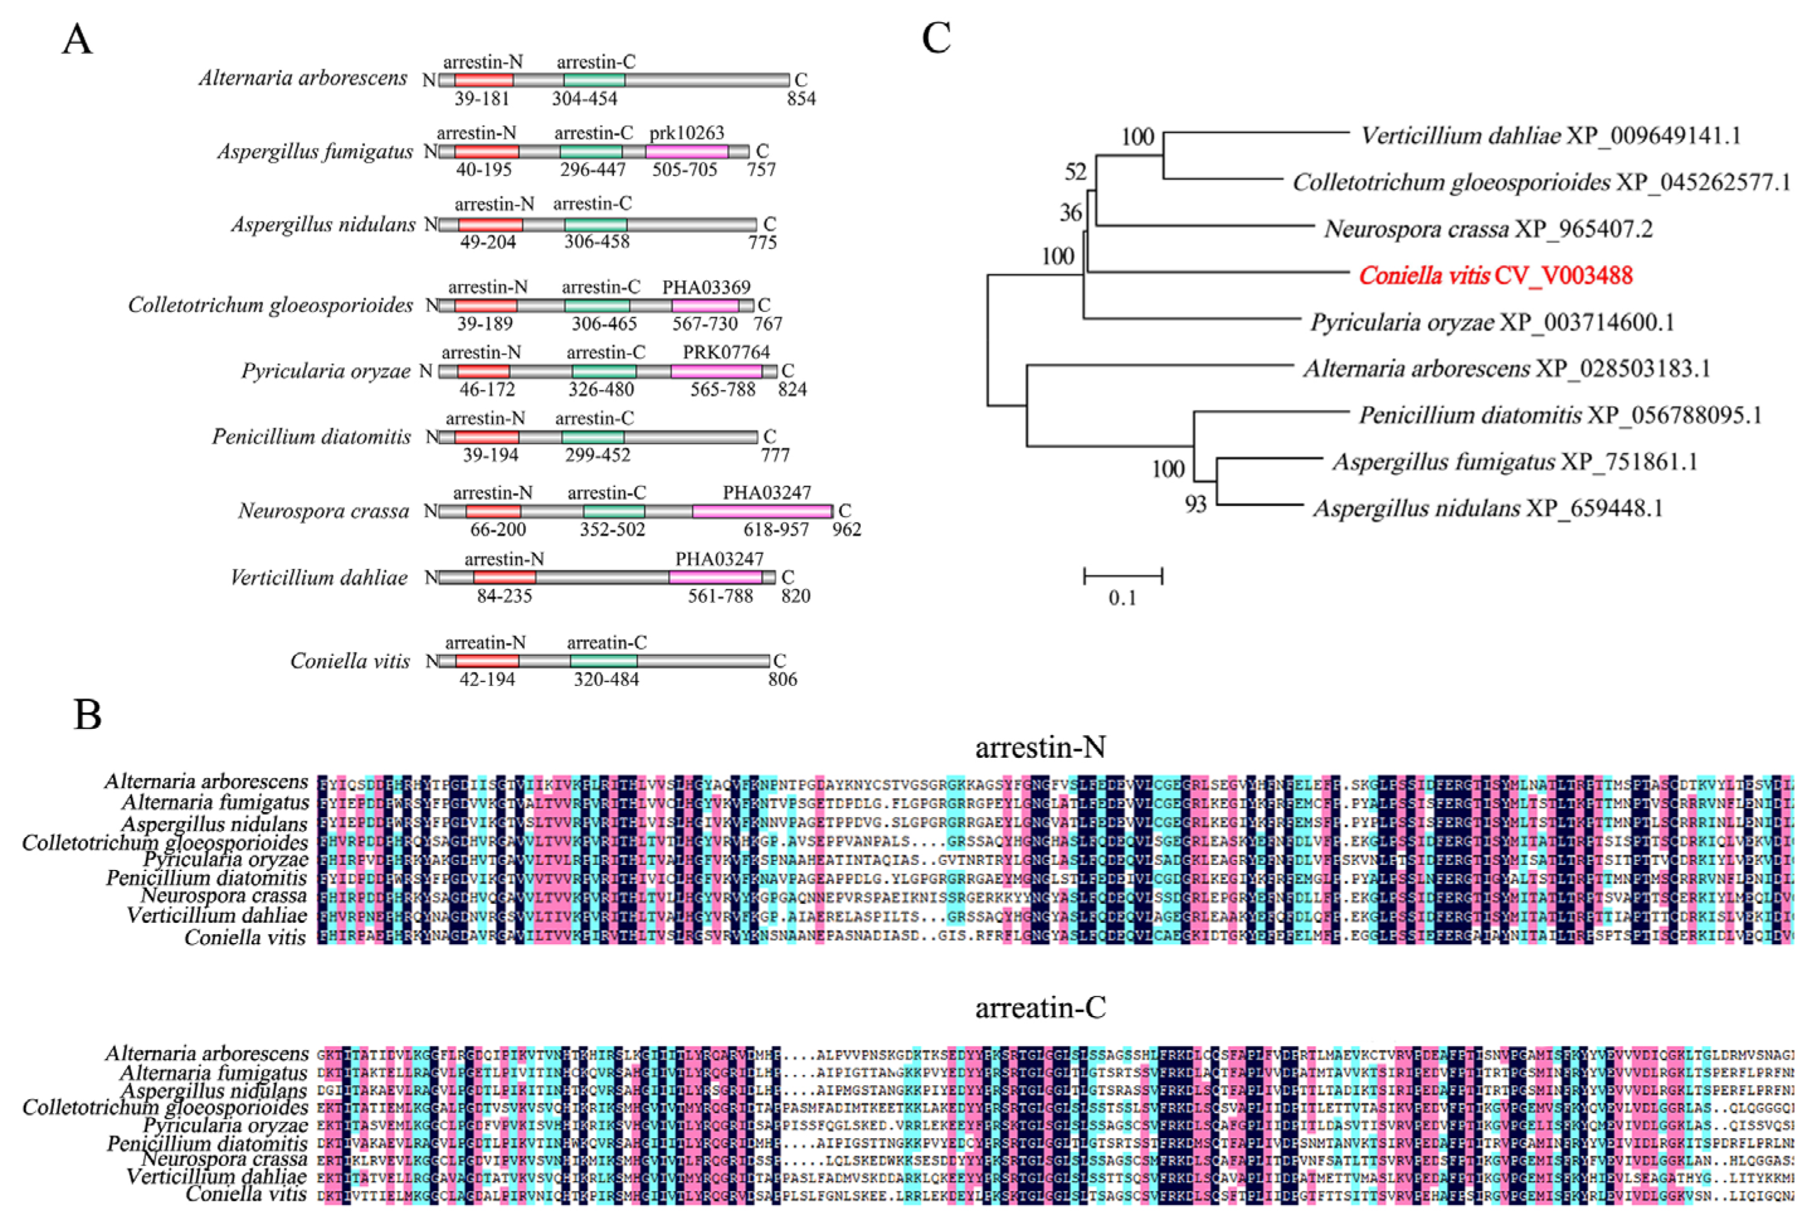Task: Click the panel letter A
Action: [x=77, y=39]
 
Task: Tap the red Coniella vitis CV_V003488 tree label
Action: [x=1495, y=276]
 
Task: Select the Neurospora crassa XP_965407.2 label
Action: [x=1488, y=229]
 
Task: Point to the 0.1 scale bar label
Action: [x=1121, y=597]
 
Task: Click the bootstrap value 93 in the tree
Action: [x=1195, y=505]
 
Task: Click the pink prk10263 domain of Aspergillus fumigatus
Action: [x=687, y=152]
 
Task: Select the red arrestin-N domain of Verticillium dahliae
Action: [x=504, y=577]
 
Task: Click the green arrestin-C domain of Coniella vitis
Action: [x=604, y=661]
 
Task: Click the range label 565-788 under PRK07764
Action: [x=722, y=389]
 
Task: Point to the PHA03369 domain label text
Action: [x=706, y=288]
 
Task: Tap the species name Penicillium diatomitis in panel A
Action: [x=312, y=437]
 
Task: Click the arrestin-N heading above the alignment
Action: [x=1039, y=747]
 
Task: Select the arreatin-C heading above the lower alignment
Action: [x=1039, y=1008]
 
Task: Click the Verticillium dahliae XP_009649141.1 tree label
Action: [x=1550, y=136]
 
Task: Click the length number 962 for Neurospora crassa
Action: [x=846, y=530]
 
